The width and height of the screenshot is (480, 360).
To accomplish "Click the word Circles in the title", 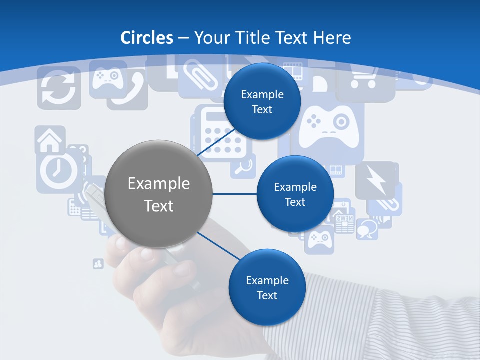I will point(147,38).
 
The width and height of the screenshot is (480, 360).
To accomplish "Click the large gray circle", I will point(159,194).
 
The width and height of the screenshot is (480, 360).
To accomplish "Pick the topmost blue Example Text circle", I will point(262,101).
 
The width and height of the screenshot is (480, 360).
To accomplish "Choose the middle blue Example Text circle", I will point(295,194).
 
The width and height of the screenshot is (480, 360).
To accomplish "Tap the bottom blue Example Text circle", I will point(267,287).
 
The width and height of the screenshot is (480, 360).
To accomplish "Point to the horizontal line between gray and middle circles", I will point(234,194).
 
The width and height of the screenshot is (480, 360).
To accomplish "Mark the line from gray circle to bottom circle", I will point(218,246).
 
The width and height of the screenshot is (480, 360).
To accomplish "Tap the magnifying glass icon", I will point(243,167).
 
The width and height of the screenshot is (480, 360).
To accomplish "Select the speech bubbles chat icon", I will point(368,227).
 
